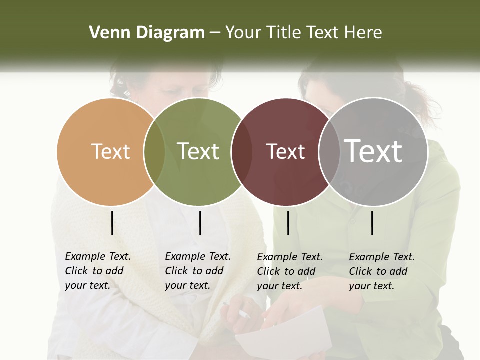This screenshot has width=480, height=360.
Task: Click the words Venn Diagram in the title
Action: pos(147,33)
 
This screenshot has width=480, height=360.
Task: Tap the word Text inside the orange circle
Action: pos(111,151)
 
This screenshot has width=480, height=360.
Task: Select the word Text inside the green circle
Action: pos(198,151)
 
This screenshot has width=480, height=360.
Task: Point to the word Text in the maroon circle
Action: pos(285,151)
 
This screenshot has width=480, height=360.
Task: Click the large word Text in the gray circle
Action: pos(373,151)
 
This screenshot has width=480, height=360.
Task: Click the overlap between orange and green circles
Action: pos(154,152)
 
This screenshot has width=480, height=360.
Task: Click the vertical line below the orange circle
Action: pos(112,223)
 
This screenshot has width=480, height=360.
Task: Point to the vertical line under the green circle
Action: pos(200,223)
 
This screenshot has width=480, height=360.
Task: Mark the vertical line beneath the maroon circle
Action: pos(288,223)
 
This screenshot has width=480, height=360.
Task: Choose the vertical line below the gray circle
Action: pos(372,223)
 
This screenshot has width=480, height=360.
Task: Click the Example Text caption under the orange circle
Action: pos(97,271)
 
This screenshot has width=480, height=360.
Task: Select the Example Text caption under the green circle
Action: pos(197,271)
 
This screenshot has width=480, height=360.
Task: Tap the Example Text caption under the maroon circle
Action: pos(289,271)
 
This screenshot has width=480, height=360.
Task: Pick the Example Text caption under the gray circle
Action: pos(381,271)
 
